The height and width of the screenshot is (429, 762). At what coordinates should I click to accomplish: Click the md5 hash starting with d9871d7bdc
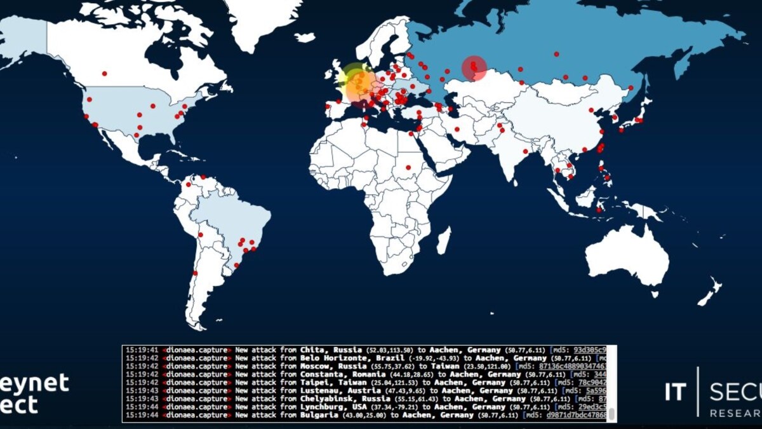(570, 415)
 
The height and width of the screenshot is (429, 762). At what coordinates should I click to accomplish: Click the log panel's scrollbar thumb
(612, 414)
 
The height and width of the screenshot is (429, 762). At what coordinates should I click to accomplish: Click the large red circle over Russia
(474, 68)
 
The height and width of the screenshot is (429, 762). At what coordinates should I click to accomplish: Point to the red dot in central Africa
(408, 168)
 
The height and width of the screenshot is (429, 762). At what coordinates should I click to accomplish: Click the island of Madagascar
(444, 241)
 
